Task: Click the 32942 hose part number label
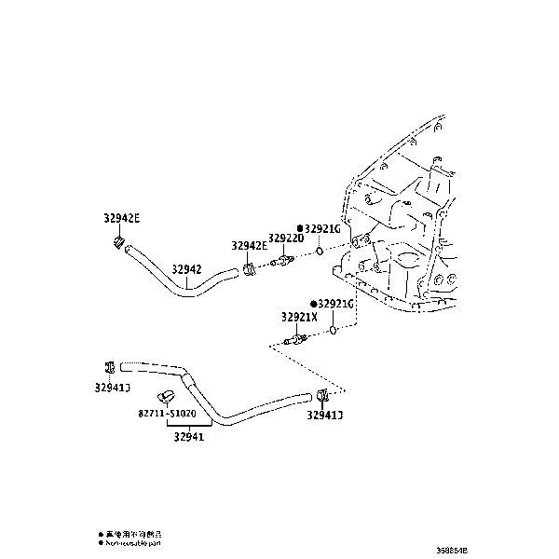pos(186,269)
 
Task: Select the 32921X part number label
pos(299,317)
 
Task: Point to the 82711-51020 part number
pos(168,413)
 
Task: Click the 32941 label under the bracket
pos(187,435)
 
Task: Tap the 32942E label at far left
pos(121,219)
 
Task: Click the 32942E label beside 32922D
pos(250,246)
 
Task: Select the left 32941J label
pos(111,387)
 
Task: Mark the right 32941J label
pos(323,416)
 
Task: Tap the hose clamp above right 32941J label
pos(321,395)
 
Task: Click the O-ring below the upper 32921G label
pos(319,251)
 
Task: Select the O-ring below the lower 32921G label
pos(332,329)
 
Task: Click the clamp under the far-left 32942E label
pos(118,244)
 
